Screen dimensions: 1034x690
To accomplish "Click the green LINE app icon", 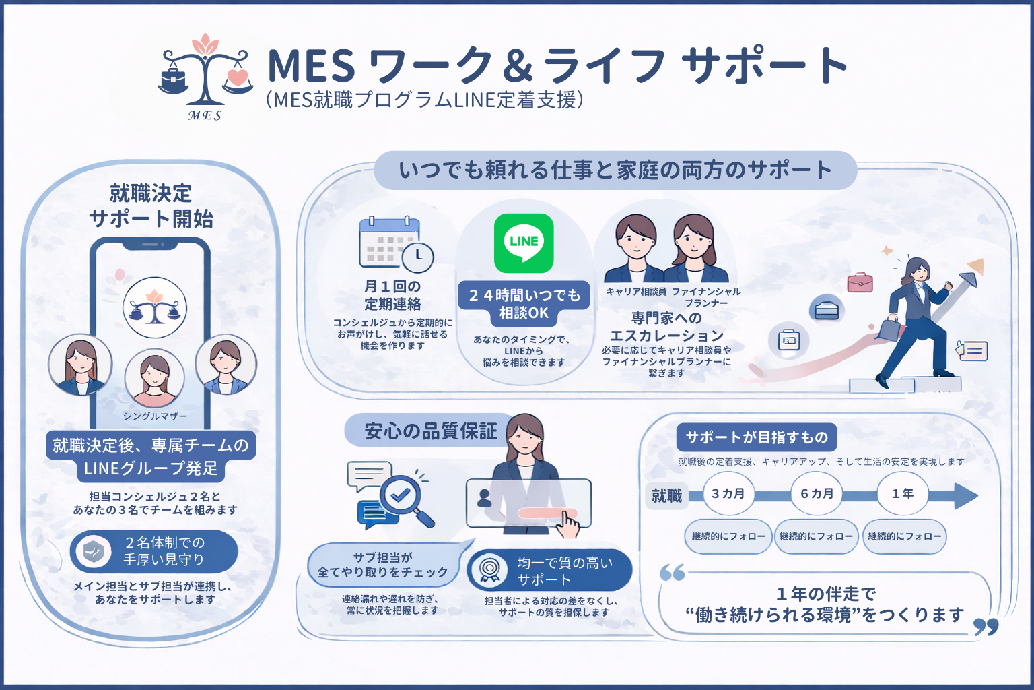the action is (524, 243).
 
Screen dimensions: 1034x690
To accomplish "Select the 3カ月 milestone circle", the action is (728, 494).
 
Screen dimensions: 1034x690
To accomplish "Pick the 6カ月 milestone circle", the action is (817, 494).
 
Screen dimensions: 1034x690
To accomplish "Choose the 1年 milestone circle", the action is (903, 494).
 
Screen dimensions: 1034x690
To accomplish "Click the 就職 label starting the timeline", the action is (666, 496).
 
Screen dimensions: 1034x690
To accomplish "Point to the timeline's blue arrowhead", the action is (965, 495).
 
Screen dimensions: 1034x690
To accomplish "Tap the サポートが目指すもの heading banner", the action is (757, 437).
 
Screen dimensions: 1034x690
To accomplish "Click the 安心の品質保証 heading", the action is (431, 431).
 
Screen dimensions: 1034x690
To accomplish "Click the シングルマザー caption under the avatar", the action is (155, 416).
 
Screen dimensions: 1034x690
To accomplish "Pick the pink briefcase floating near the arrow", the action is (860, 282).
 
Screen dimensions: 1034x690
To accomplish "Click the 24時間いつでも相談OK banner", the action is (524, 304).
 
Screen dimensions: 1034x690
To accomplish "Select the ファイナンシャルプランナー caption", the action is (706, 297).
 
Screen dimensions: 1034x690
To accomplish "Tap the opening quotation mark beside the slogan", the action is (672, 573).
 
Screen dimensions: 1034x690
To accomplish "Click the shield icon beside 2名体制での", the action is (94, 552).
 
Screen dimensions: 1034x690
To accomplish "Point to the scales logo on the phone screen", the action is (155, 307).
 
